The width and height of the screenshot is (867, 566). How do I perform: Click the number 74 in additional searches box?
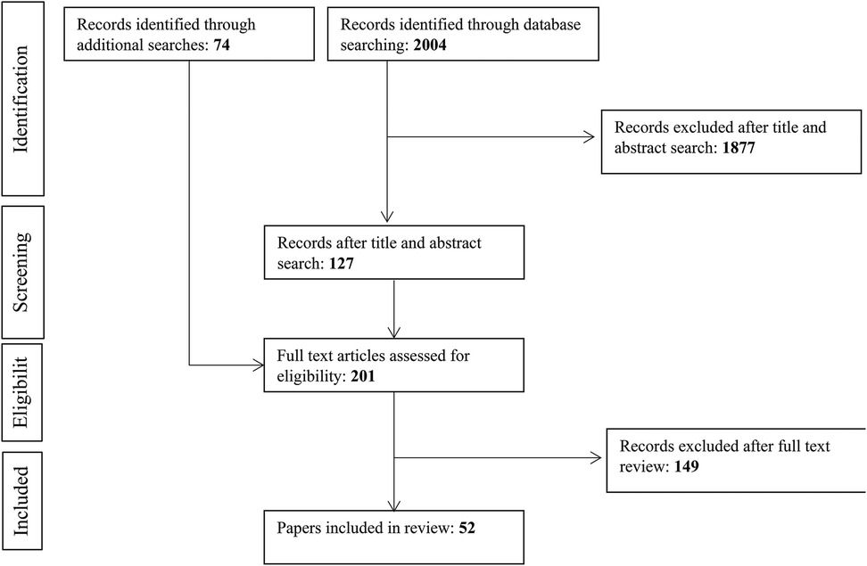point(222,45)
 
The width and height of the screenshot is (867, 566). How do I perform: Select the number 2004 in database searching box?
point(430,45)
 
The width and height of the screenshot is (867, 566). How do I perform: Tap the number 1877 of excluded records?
point(739,148)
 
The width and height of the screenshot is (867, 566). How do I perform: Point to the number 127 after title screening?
point(341,263)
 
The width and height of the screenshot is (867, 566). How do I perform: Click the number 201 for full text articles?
point(363,376)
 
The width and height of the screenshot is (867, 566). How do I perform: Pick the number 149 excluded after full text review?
point(687,466)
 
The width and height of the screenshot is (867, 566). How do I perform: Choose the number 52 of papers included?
point(467,528)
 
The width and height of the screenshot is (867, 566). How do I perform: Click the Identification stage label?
point(21,99)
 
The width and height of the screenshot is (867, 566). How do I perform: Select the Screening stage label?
point(21,272)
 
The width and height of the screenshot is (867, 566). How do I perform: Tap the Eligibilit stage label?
point(21,392)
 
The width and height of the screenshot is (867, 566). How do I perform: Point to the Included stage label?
point(21,501)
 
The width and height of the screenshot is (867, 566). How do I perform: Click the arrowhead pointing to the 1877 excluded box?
point(590,137)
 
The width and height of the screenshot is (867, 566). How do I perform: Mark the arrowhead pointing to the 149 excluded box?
point(596,457)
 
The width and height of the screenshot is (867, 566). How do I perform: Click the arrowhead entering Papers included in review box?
point(393,505)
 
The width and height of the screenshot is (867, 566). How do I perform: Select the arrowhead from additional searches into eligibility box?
point(258,365)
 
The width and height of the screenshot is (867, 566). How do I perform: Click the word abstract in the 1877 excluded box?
point(637,148)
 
